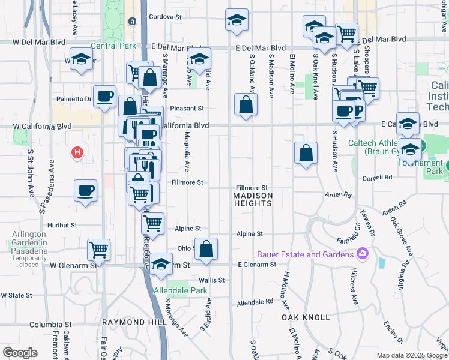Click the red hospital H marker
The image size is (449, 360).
click(76, 153)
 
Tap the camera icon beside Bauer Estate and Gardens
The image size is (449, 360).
click(361, 254)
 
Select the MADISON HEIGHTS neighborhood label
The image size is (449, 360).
click(253, 199)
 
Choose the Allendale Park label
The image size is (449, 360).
click(181, 290)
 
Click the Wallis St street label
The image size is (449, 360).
click(212, 280)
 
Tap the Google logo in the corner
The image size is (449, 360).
click(20, 352)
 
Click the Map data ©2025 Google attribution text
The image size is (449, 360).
click(412, 355)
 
